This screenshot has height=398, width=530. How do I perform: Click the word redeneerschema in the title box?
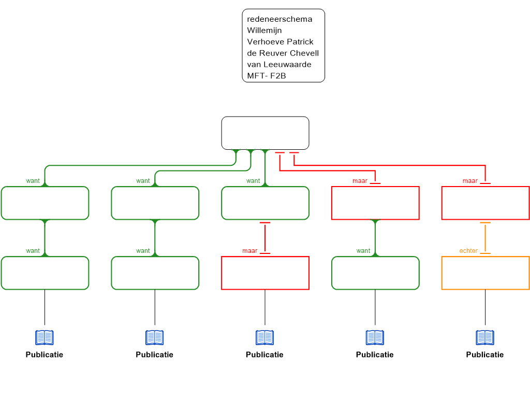pos(279,19)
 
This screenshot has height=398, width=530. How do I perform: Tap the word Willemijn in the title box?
pos(264,31)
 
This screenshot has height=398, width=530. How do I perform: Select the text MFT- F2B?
pos(267,76)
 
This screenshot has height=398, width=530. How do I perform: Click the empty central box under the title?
pos(265,133)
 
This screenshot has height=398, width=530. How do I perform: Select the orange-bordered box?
pos(485,273)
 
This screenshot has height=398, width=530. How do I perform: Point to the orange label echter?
pos(468,251)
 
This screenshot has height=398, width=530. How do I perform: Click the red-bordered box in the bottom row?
pos(265,273)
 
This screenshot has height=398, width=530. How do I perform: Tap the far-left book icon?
pos(45,338)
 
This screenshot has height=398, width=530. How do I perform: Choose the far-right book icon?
pos(485,338)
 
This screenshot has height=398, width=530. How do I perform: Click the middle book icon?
pos(265,338)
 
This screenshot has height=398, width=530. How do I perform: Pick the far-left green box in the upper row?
pos(45,203)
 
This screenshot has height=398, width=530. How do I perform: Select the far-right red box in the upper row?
pos(485,203)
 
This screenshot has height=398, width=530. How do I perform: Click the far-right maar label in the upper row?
pos(470,181)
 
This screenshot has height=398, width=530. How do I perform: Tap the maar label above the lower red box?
pos(250,251)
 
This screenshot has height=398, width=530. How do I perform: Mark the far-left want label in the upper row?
pos(33,181)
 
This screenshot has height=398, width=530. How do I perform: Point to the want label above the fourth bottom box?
pos(363,251)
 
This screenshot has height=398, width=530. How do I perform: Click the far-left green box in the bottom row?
pos(45,273)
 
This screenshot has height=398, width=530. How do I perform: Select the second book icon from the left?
pos(155,338)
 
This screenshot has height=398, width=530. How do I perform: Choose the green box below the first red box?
pos(375,273)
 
